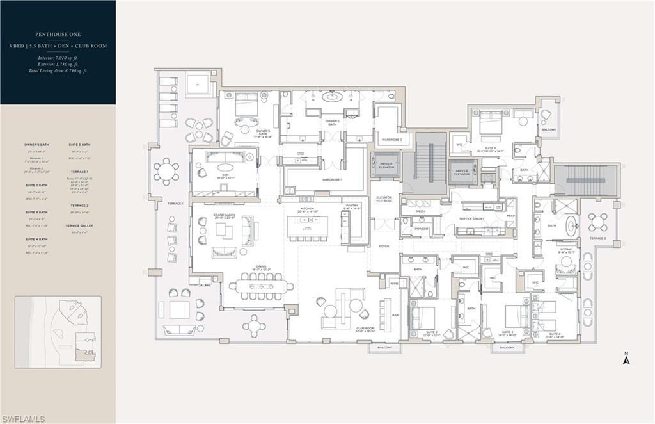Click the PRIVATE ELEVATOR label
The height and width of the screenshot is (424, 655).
coord(386,166)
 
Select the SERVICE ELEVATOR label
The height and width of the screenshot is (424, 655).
coord(462,172)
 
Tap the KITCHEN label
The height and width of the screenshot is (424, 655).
coord(308,209)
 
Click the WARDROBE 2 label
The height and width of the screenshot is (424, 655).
coord(391,138)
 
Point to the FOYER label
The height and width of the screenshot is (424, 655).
coord(384,246)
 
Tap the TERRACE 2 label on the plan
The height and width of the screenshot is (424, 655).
coord(597,238)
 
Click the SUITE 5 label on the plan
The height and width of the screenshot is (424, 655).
coord(491,149)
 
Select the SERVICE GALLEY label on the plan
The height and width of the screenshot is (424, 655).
coord(473,218)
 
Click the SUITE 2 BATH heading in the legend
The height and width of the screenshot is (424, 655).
coord(37,185)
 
